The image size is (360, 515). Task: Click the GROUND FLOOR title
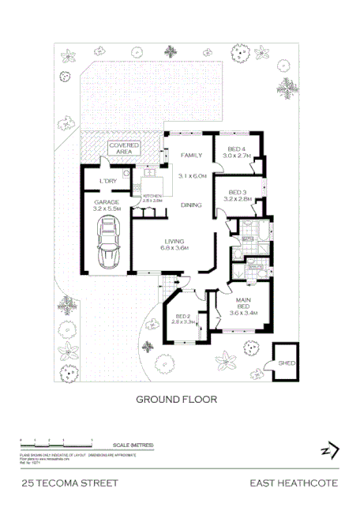[177, 400]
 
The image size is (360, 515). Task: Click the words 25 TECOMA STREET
[70, 483]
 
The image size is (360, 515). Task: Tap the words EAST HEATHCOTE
[294, 483]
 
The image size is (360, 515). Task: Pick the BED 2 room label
[183, 317]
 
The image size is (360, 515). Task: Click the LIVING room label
[174, 242]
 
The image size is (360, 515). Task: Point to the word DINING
[191, 205]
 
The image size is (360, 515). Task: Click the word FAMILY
[193, 156]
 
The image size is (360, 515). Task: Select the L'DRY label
[109, 182]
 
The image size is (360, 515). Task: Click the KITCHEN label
[152, 197]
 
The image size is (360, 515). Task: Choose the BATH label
[246, 238]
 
